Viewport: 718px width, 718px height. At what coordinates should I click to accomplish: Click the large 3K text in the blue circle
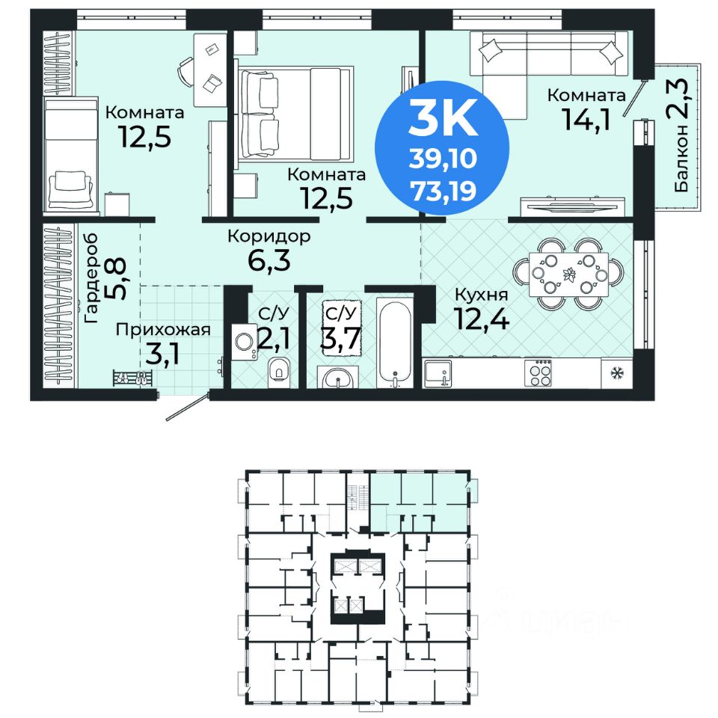[444, 117]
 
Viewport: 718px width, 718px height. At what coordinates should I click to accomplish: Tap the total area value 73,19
[444, 191]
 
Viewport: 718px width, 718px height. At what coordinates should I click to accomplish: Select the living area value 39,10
[444, 159]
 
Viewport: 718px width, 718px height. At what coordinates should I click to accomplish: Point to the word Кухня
[481, 295]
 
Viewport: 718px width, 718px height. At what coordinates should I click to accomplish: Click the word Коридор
[269, 237]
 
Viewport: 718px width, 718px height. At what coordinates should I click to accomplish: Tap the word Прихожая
[163, 330]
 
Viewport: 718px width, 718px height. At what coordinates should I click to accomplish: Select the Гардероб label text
[91, 278]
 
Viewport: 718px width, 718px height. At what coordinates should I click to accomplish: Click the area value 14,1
[586, 120]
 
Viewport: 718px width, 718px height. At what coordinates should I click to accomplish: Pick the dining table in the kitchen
[568, 274]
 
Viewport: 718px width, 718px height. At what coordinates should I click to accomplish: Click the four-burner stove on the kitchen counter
[538, 372]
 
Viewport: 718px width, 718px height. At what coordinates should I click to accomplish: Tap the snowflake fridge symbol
[616, 372]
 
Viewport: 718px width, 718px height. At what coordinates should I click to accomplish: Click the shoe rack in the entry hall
[132, 378]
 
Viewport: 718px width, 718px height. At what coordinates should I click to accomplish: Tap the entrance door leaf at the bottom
[187, 406]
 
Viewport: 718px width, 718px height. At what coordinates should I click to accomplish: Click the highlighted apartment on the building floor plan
[420, 501]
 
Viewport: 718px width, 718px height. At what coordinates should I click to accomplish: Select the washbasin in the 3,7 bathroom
[338, 378]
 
